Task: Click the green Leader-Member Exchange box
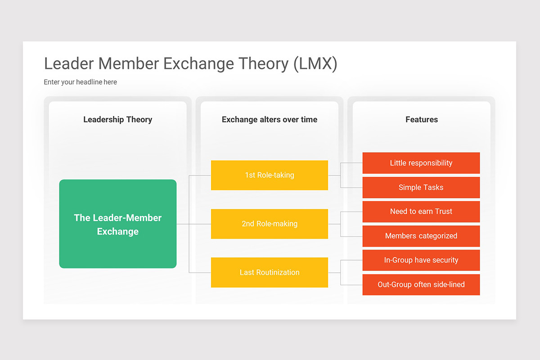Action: point(117,224)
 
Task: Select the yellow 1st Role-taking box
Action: point(269,175)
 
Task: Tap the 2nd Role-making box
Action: point(269,224)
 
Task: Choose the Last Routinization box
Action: point(269,272)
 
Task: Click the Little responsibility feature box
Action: point(421,163)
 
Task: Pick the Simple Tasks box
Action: point(421,187)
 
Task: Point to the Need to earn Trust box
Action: point(421,211)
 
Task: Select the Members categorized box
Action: point(421,236)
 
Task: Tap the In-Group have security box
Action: point(421,260)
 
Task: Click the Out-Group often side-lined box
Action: point(421,284)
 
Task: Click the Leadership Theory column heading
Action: point(117,119)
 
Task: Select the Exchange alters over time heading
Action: point(269,119)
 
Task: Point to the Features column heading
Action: point(421,119)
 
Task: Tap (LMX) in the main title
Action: point(315,64)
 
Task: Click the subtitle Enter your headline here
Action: point(80,82)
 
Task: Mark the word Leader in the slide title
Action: point(69,64)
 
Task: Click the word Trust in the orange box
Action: point(444,211)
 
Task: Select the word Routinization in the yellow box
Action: point(278,272)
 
